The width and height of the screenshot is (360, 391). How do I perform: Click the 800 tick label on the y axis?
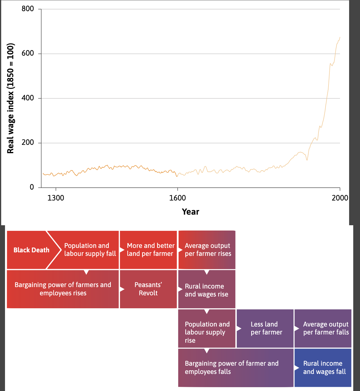pyautogui.click(x=28, y=9)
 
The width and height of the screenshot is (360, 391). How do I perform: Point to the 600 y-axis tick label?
pyautogui.click(x=28, y=53)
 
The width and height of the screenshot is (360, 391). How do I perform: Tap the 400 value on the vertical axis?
pyautogui.click(x=28, y=98)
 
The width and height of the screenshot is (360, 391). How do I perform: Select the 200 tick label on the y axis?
pyautogui.click(x=28, y=143)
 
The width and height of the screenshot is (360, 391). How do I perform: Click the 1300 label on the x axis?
pyautogui.click(x=56, y=198)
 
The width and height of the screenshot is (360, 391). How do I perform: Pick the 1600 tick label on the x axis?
pyautogui.click(x=177, y=198)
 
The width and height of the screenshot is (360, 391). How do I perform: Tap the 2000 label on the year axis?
pyautogui.click(x=340, y=198)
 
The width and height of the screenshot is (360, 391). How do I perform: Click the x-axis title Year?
pyautogui.click(x=191, y=212)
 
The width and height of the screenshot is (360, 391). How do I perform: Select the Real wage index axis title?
pyautogui.click(x=11, y=98)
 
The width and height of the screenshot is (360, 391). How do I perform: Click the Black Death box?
pyautogui.click(x=31, y=250)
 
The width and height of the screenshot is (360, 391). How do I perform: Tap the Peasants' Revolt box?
pyautogui.click(x=148, y=289)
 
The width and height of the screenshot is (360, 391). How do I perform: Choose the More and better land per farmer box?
pyautogui.click(x=148, y=250)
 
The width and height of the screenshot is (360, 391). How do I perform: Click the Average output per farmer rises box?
pyautogui.click(x=207, y=250)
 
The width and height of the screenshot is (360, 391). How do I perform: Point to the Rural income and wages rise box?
pyautogui.click(x=207, y=289)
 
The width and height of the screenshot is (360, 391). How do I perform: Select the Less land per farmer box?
pyautogui.click(x=265, y=328)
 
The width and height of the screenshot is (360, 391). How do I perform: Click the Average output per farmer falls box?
pyautogui.click(x=323, y=328)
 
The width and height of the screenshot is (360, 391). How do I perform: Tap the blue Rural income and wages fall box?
pyautogui.click(x=323, y=368)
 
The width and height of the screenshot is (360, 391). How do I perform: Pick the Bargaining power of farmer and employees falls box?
pyautogui.click(x=236, y=368)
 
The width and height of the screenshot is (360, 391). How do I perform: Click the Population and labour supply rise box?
pyautogui.click(x=207, y=328)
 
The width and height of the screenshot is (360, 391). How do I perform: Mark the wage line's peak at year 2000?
pyautogui.click(x=340, y=37)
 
